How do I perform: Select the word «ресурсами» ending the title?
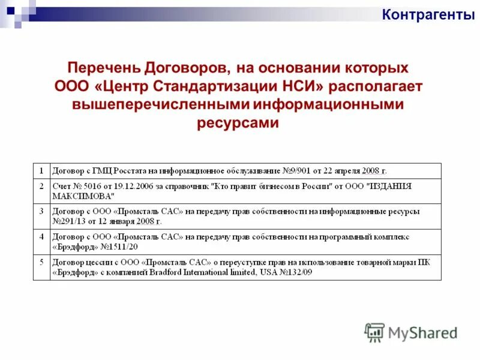pyautogui.click(x=238, y=123)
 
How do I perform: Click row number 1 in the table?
pyautogui.click(x=41, y=170)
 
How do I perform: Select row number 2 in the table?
pyautogui.click(x=41, y=186)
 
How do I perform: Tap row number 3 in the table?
pyautogui.click(x=41, y=211)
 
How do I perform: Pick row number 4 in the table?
pyautogui.click(x=41, y=236)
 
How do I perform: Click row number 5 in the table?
pyautogui.click(x=41, y=262)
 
